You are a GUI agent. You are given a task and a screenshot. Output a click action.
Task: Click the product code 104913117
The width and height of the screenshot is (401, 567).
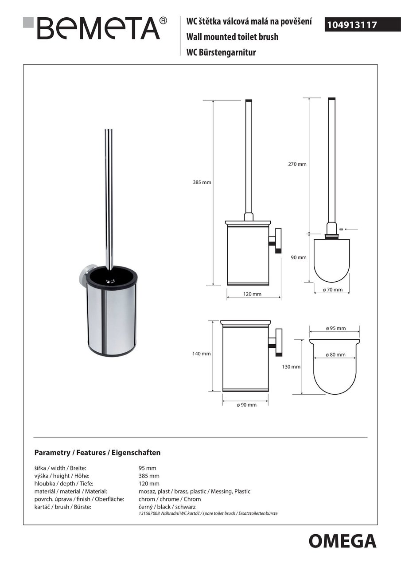(x=352, y=25)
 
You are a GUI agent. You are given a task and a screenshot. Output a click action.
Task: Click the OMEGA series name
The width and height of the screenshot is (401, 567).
(x=342, y=541)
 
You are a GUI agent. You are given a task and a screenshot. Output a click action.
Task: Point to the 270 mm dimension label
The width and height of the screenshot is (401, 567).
(x=298, y=164)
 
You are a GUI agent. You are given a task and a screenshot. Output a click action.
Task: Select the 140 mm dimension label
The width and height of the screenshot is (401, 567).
(x=202, y=353)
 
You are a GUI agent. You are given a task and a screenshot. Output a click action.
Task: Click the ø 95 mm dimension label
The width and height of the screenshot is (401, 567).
(x=335, y=328)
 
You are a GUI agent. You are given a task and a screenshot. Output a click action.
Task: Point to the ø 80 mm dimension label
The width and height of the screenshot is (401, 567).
(x=335, y=355)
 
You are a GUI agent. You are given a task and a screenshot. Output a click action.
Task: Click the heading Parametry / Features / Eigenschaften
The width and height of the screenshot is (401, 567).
(x=97, y=453)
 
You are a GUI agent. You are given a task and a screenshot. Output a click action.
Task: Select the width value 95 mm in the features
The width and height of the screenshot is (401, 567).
(x=148, y=468)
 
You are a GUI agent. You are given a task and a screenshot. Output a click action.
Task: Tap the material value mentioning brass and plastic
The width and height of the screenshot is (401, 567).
(x=195, y=491)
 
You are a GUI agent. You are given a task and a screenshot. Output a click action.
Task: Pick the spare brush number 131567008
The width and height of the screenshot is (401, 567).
(x=149, y=513)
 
